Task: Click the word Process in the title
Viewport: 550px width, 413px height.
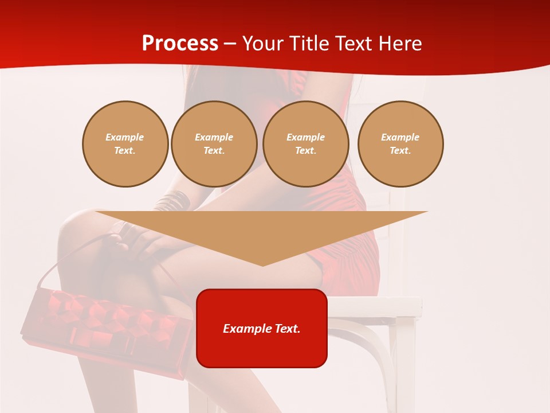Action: [180, 44]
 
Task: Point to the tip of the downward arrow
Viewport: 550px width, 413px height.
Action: [262, 264]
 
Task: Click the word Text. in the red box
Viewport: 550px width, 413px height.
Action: [287, 329]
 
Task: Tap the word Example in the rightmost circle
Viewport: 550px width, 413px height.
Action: [400, 137]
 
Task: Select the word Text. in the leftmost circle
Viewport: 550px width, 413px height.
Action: [125, 150]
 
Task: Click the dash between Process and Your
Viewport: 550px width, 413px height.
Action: [230, 44]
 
